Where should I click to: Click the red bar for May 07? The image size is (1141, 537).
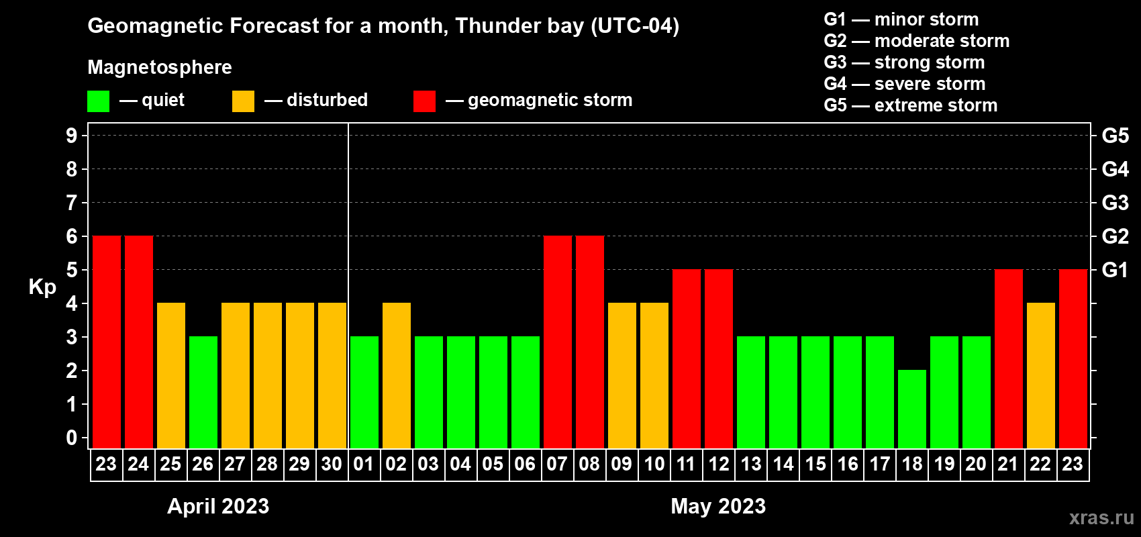click(558, 342)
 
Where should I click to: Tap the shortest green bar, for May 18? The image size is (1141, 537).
click(912, 409)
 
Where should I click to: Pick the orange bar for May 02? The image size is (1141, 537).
click(397, 375)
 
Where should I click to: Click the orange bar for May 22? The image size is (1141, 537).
click(1041, 375)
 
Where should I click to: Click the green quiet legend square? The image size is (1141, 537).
click(99, 101)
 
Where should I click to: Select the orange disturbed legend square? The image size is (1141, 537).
click(244, 101)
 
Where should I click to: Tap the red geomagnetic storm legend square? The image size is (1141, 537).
click(424, 101)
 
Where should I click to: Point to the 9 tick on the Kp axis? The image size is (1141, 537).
click(72, 136)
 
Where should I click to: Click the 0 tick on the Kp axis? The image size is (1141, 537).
click(72, 438)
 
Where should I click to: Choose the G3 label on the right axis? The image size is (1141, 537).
click(1115, 203)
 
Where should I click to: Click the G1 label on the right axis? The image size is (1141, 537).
click(1115, 270)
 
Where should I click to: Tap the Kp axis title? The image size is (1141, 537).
click(42, 287)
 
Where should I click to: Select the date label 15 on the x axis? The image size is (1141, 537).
click(815, 465)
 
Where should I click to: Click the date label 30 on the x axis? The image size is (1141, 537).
click(332, 465)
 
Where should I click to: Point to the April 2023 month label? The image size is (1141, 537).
click(218, 506)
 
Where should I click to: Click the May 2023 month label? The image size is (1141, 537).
click(718, 506)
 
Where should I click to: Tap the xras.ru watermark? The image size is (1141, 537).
click(1101, 518)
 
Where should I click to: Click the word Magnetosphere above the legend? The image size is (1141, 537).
click(160, 67)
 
